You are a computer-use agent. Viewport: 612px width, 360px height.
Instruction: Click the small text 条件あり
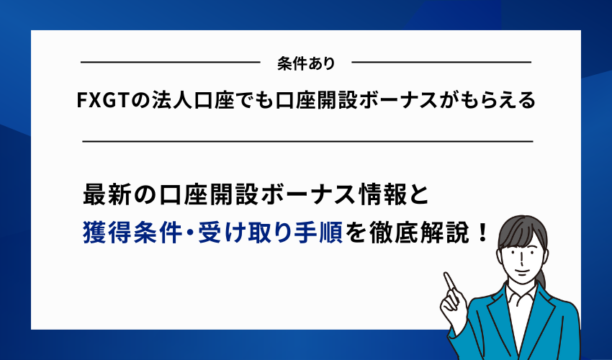pyautogui.click(x=305, y=64)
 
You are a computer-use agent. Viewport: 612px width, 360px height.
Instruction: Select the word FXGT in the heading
pyautogui.click(x=102, y=101)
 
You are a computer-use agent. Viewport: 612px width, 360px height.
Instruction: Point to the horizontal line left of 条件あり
pyautogui.click(x=169, y=63)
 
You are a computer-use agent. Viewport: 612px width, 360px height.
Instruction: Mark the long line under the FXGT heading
pyautogui.click(x=307, y=141)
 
